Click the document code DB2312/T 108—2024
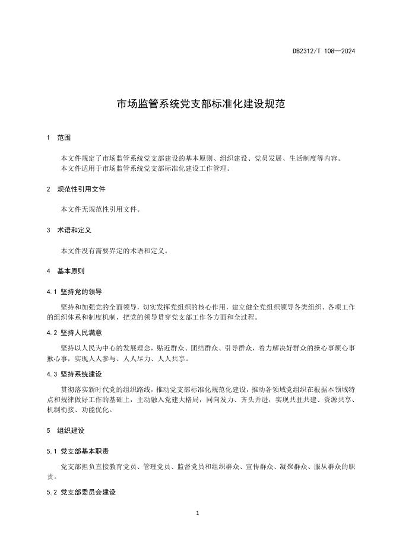[x=324, y=51]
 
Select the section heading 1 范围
[x=58, y=138]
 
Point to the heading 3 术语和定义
[x=68, y=229]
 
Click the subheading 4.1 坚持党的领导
[x=74, y=292]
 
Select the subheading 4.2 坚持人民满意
[x=74, y=333]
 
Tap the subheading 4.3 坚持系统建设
[x=74, y=374]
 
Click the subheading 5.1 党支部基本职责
[x=78, y=451]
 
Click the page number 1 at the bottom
[x=196, y=513]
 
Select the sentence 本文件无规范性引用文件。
[x=101, y=209]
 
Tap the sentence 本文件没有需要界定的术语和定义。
[x=115, y=250]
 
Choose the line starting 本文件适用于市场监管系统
[x=145, y=168]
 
